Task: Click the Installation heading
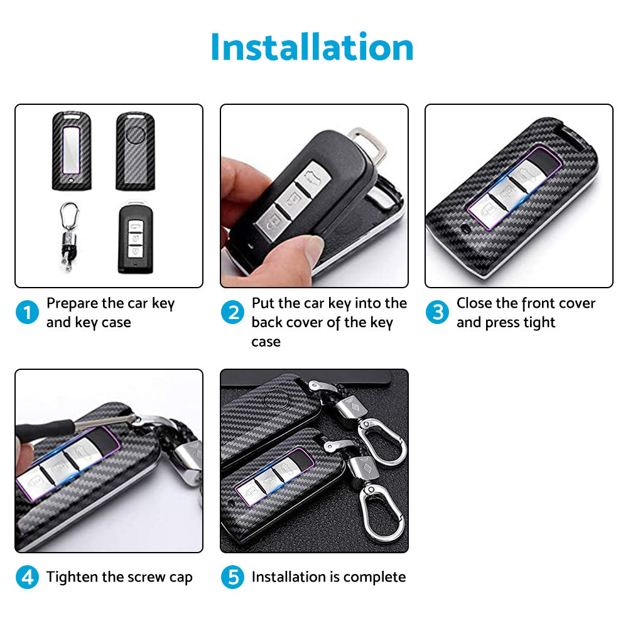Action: (312, 47)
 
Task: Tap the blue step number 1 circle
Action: (27, 312)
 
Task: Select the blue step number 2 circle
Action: (232, 312)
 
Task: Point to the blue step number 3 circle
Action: (437, 312)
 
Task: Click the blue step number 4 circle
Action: (27, 577)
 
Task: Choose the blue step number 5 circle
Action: (232, 577)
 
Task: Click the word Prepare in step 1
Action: (72, 303)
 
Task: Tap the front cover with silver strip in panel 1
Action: (72, 151)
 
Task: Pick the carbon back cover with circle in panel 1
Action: (135, 151)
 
